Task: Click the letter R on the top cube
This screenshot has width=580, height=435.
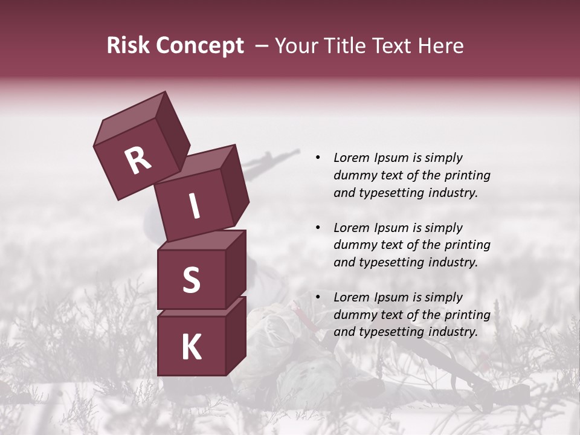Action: [x=138, y=161]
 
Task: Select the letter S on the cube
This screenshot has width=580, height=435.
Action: [x=191, y=280]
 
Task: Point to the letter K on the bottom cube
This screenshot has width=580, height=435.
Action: [x=191, y=347]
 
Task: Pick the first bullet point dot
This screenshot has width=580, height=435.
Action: [x=318, y=158]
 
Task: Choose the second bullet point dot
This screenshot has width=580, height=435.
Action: [x=318, y=228]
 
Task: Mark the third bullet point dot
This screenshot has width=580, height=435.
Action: [x=318, y=297]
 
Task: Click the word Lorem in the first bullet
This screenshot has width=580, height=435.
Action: [x=350, y=158]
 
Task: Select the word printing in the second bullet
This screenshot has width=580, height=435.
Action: [x=467, y=245]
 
